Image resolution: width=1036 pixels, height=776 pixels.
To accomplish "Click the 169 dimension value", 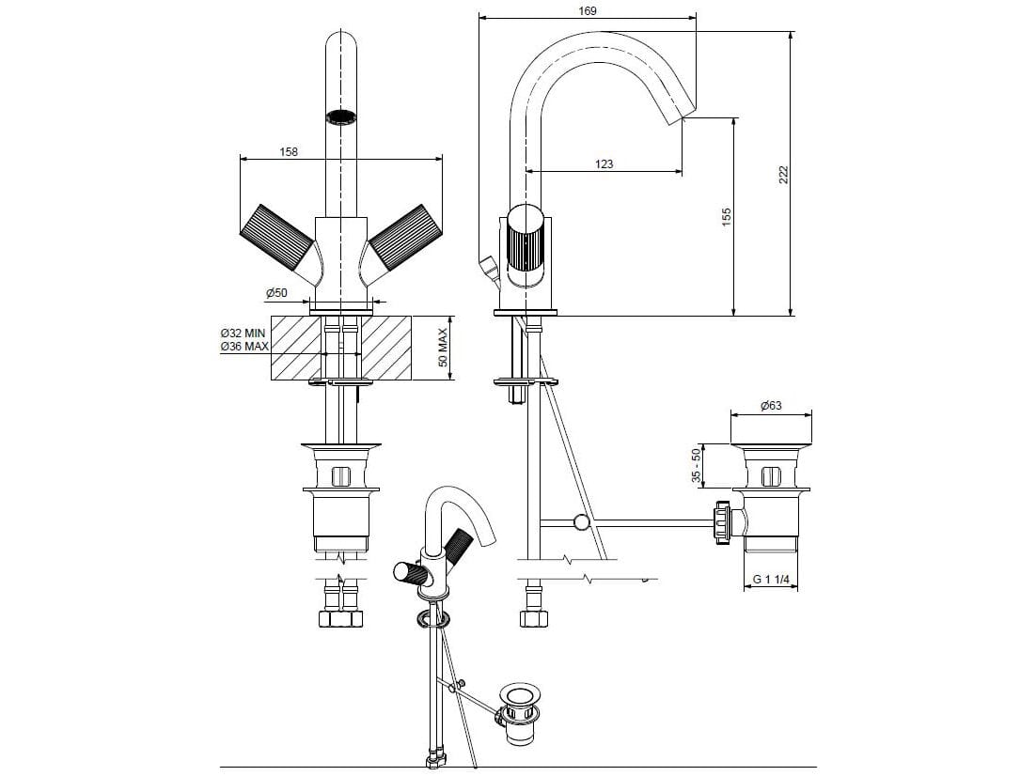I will click(x=586, y=10).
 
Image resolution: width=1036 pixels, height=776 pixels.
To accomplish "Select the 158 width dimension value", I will click(x=289, y=151).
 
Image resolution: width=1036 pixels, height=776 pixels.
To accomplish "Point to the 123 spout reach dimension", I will click(x=604, y=163).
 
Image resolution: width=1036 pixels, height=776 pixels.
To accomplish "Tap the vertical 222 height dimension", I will click(x=783, y=175).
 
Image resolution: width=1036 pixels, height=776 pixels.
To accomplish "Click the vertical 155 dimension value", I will click(x=727, y=216).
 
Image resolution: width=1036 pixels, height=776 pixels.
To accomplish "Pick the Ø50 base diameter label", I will click(x=276, y=293).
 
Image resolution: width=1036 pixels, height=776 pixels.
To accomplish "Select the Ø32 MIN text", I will click(x=243, y=334).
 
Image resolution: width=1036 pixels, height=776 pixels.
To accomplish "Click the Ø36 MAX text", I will click(x=243, y=347).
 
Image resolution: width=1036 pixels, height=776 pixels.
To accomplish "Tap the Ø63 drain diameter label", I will click(x=771, y=406).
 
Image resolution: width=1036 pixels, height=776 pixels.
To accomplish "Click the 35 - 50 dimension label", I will click(x=697, y=466).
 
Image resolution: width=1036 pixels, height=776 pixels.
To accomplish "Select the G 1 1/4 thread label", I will click(x=772, y=580).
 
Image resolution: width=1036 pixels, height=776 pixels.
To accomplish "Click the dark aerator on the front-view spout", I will click(x=341, y=117).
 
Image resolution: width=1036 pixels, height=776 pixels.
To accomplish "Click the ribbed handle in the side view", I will click(x=525, y=248).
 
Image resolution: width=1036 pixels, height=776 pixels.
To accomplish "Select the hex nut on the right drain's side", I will click(x=723, y=521).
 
